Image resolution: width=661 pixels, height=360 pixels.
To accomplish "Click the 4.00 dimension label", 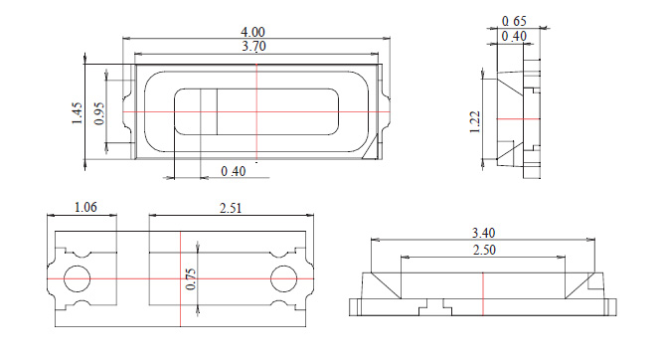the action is point(252,32).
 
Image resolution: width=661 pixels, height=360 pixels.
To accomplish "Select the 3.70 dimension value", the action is point(253,46).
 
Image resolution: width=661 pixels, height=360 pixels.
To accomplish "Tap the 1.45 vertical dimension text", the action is point(77,113).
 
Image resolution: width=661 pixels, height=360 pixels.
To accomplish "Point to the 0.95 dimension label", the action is point(99,113).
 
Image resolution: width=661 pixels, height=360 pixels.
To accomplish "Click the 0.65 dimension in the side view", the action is point(514,21).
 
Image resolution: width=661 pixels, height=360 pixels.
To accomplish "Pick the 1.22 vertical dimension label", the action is point(475,122).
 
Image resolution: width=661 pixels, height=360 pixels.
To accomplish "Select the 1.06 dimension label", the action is point(85,208).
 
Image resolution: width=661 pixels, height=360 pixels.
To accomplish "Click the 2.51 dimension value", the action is point(231,208).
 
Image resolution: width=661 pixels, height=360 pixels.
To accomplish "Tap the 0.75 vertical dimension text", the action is point(191,279).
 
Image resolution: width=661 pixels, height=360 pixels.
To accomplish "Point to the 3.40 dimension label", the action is point(483,233).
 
